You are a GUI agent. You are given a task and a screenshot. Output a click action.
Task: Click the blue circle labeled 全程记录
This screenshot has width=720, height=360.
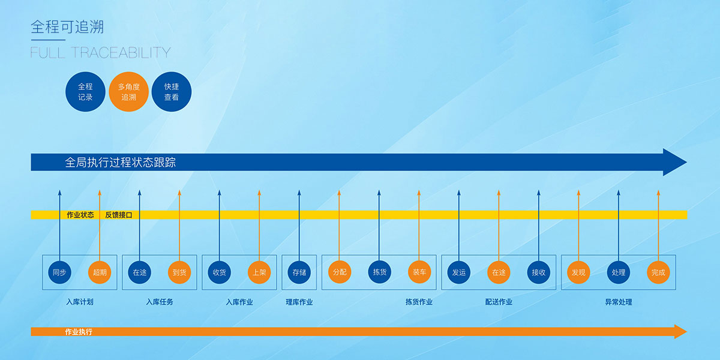[x=85, y=92]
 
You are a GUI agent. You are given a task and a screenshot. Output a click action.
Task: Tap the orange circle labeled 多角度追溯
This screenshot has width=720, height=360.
[x=129, y=92]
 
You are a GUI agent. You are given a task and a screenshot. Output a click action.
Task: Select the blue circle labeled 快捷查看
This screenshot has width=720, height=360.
[x=172, y=92]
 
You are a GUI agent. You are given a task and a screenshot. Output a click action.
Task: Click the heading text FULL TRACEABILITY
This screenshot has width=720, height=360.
[x=100, y=53]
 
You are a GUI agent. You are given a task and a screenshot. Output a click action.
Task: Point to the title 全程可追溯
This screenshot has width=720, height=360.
[x=67, y=28]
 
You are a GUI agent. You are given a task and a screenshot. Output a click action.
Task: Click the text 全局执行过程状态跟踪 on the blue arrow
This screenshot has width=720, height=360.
[x=120, y=163]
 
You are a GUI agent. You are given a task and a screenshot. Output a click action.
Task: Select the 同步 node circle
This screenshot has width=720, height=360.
[x=59, y=272]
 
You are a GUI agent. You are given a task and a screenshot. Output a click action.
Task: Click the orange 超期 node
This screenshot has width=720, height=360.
[x=100, y=272]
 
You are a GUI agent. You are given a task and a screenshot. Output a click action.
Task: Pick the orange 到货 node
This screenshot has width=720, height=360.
[x=179, y=272]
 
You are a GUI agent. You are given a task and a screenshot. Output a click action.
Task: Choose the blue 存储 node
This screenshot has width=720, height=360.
[x=299, y=272]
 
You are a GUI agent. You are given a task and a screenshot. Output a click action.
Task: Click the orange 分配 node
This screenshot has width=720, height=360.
[x=339, y=272]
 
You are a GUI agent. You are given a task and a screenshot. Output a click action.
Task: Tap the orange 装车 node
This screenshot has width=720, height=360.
[x=419, y=272]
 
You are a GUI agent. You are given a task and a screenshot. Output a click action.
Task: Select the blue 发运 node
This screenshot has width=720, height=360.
[x=458, y=272]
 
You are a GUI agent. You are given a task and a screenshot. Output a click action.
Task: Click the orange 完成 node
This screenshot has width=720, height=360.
[x=658, y=272]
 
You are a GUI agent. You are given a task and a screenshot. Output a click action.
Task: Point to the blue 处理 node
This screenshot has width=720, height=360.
[x=618, y=272]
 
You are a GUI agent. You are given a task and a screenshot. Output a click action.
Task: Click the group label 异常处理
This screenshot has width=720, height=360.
[x=618, y=302]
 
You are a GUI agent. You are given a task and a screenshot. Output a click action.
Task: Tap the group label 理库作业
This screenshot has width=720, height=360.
[x=299, y=302]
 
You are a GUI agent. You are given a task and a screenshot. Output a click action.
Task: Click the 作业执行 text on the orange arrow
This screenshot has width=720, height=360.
[x=79, y=332]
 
